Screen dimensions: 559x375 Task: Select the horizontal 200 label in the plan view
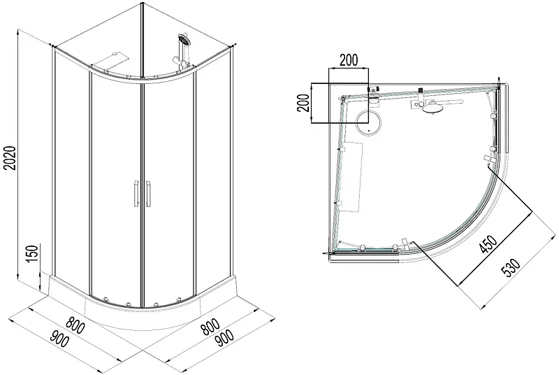(x=348, y=60)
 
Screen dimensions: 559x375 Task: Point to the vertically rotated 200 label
(x=303, y=103)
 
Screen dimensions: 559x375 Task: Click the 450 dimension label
(x=488, y=244)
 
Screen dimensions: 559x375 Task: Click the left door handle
(x=135, y=194)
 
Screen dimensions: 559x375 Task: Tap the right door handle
(x=148, y=194)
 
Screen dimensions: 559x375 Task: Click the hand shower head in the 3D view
(x=184, y=39)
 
